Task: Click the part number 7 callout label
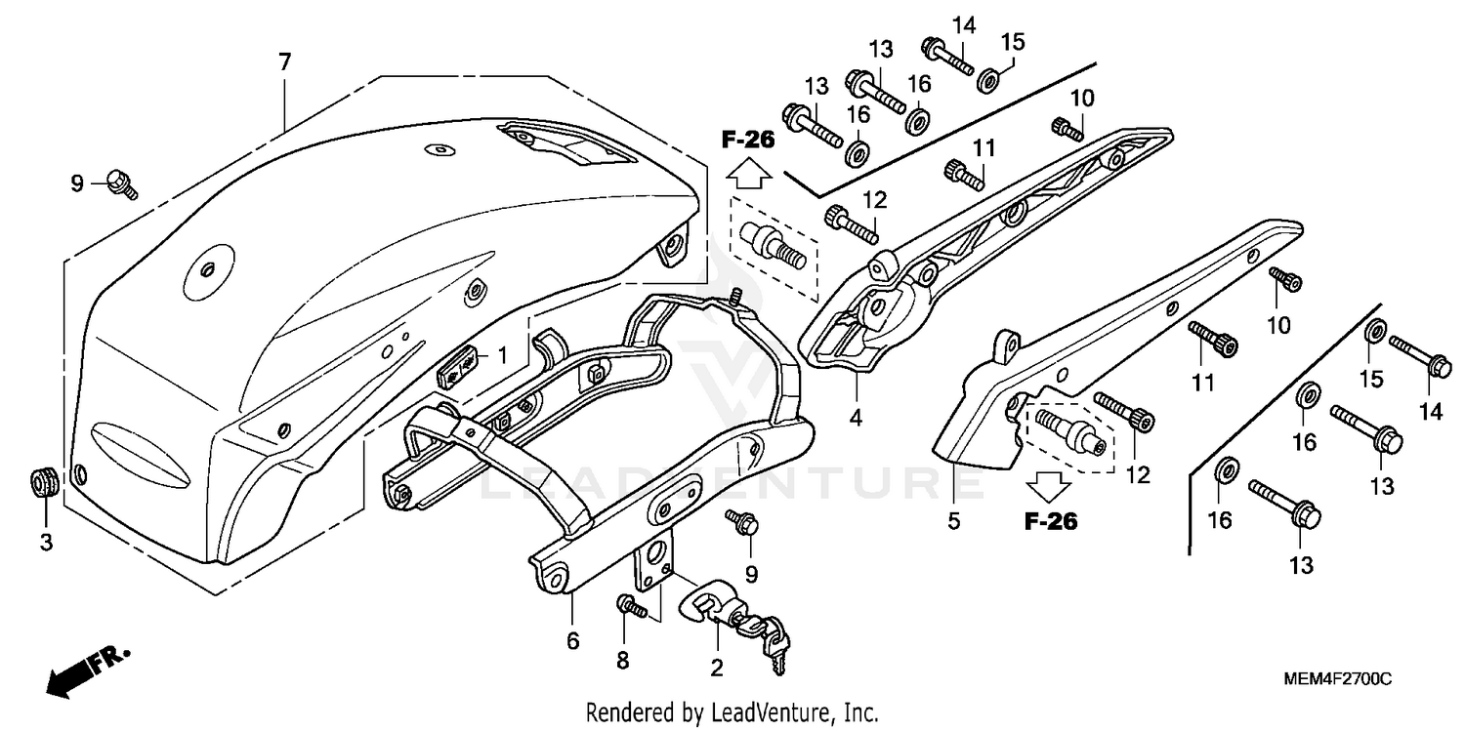[284, 62]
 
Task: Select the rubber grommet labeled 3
[43, 482]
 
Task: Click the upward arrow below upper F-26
[748, 175]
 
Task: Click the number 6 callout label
[572, 641]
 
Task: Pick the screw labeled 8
[630, 607]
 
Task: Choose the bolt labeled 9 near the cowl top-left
[122, 182]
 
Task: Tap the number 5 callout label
[953, 521]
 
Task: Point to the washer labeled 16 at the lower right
[1225, 470]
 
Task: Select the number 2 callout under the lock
[716, 668]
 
